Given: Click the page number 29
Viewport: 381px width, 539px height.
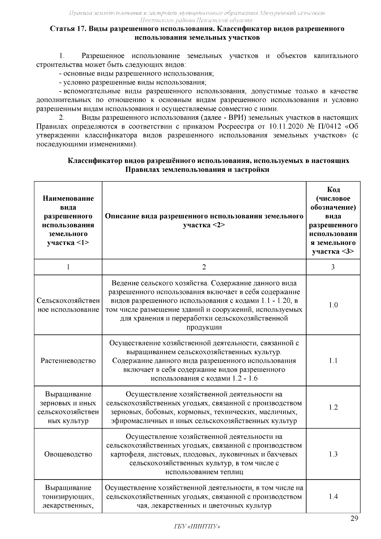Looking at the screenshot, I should pyautogui.click(x=354, y=519).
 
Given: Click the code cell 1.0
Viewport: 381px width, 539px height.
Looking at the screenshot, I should pyautogui.click(x=333, y=305).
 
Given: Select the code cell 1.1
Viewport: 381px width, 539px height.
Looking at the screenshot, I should pyautogui.click(x=333, y=360).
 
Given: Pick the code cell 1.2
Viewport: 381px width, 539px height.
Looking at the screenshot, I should pyautogui.click(x=333, y=407).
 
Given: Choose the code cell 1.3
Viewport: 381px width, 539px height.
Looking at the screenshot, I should pyautogui.click(x=333, y=454).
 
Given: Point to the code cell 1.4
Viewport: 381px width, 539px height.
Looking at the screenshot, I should pyautogui.click(x=333, y=496).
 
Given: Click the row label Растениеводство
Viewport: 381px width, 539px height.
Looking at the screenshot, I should pyautogui.click(x=68, y=360).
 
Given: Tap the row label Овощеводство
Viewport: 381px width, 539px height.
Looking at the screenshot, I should pyautogui.click(x=68, y=454).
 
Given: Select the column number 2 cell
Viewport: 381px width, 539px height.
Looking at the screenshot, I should pyautogui.click(x=204, y=267).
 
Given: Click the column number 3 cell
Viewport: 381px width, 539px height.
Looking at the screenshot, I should pyautogui.click(x=333, y=267).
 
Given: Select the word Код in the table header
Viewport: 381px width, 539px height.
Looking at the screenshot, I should pyautogui.click(x=333, y=190).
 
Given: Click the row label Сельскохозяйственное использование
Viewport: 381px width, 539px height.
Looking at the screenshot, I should pyautogui.click(x=68, y=305).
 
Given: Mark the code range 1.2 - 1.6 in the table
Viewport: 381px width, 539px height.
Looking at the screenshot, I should pyautogui.click(x=245, y=378).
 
